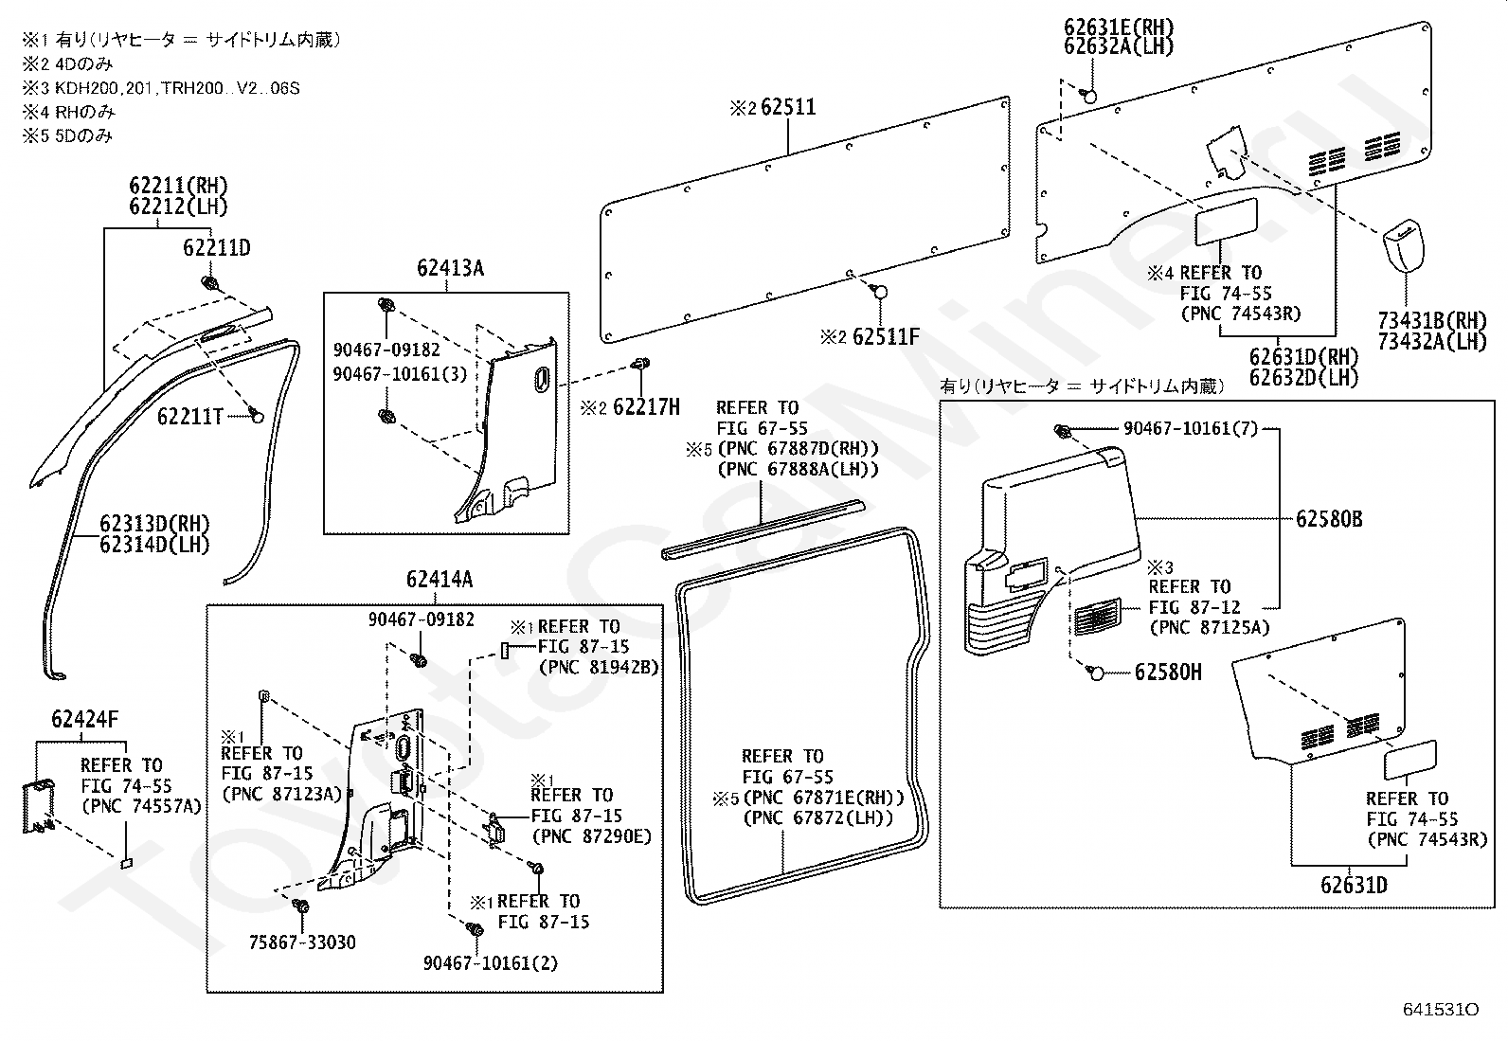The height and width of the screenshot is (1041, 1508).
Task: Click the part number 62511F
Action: (886, 336)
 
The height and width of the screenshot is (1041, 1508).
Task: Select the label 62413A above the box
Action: (450, 268)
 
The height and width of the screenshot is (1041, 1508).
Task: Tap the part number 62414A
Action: (440, 579)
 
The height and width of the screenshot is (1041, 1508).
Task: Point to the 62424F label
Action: (85, 719)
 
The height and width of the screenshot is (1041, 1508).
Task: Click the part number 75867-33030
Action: (302, 942)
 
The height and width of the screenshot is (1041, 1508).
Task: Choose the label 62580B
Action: (1329, 519)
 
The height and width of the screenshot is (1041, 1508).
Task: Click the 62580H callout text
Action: (1168, 672)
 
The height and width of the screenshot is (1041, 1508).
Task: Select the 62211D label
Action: (217, 248)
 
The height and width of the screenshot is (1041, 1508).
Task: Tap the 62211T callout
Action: (189, 417)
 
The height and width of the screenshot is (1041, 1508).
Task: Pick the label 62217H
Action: (646, 406)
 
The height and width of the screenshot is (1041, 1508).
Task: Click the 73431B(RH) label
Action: (1432, 320)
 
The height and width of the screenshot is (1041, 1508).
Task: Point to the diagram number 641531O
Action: (1441, 1010)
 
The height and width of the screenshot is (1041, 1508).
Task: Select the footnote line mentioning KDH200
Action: (161, 88)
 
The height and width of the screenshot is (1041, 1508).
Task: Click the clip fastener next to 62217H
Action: (640, 364)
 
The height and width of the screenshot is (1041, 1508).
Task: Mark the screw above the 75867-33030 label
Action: (301, 906)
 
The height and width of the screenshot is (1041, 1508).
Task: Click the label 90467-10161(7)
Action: (1191, 428)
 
